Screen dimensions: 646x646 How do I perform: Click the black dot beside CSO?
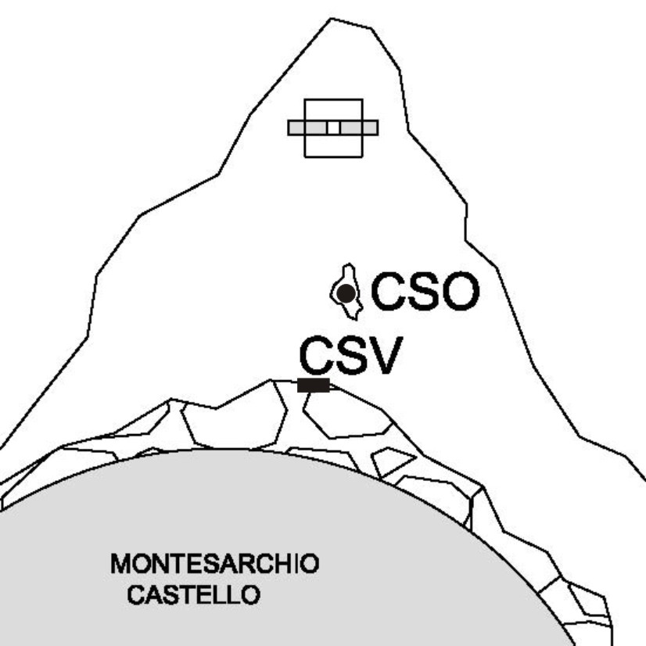pos(346,293)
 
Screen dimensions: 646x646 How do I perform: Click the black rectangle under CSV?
pos(314,386)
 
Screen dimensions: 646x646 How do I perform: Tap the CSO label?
pos(425,291)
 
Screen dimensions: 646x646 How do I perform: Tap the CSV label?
pos(351,355)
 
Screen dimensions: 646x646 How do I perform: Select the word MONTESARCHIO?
pos(214,564)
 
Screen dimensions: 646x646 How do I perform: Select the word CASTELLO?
pos(194,594)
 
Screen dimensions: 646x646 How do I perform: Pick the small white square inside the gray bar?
pos(334,127)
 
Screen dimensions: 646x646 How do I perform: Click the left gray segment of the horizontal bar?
pos(308,127)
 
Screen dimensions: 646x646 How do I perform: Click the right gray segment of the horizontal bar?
pos(359,127)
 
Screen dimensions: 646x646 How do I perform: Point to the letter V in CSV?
pos(384,355)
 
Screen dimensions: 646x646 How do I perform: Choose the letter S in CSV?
pos(350,355)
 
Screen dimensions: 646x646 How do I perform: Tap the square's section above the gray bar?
pos(334,110)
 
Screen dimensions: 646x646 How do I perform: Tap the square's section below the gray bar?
pos(334,145)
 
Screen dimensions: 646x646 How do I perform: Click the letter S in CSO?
pos(425,291)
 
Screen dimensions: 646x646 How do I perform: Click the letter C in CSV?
pos(316,355)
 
